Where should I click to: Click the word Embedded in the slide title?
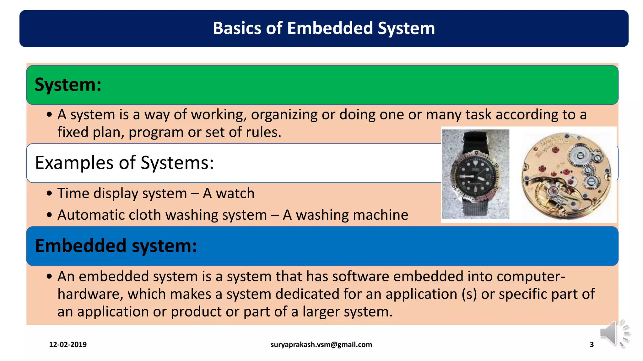pos(330,28)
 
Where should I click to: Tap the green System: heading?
pos(68,85)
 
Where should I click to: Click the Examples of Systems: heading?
pos(124,163)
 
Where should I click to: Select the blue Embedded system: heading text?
pos(116,246)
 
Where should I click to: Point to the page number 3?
pos(592,345)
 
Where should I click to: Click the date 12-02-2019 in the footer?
pos(68,345)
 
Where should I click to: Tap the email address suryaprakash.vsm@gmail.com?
pos(321,345)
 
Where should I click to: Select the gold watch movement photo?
pos(566,175)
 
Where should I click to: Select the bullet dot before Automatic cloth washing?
pos(49,215)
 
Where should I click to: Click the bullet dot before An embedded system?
pos(49,277)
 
